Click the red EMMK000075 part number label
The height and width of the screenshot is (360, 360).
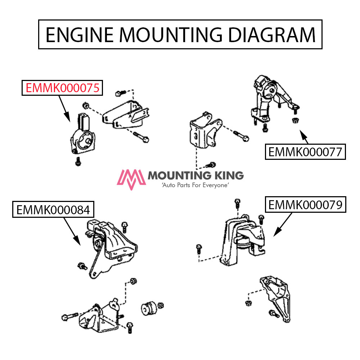click(62, 87)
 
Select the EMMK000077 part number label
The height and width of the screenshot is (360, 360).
click(305, 152)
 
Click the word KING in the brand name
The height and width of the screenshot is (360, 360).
click(228, 176)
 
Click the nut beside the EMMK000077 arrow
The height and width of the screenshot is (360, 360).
click(295, 120)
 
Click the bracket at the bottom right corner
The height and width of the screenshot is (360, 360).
click(276, 297)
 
